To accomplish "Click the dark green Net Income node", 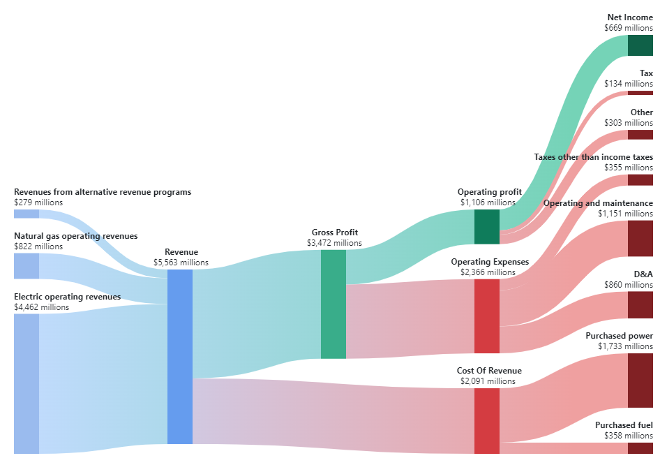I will tap(640, 45).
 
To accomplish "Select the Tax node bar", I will tap(640, 93).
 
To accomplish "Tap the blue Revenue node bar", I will tap(179, 356).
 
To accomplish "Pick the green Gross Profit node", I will tap(333, 304).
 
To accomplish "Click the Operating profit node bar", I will tap(486, 226).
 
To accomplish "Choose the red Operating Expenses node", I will tap(486, 316).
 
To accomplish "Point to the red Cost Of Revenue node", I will tap(486, 421).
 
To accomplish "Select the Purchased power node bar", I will tap(640, 381).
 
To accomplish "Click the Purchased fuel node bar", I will tap(640, 448).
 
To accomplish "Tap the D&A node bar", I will tap(640, 305).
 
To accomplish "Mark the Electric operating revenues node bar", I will tap(27, 383).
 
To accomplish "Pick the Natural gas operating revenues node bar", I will tap(27, 266).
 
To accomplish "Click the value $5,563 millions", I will tap(181, 263).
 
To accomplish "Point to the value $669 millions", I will tap(629, 28).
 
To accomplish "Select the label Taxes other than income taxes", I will tap(593, 157).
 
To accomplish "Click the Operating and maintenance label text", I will tap(598, 203).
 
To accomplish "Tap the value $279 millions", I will tap(38, 202).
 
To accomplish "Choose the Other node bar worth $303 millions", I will tap(640, 135).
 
